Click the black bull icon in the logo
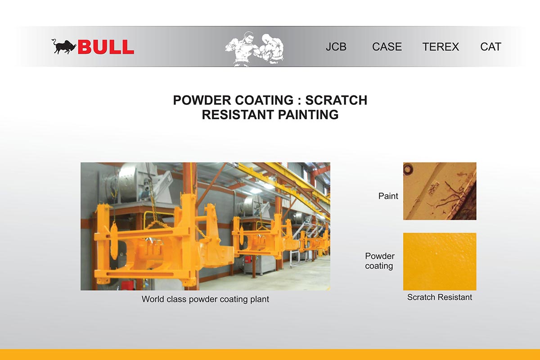pos(64,46)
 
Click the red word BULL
pos(106,47)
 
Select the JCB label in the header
pos(336,47)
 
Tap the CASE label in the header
pos(387,47)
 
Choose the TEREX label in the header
pos(441,47)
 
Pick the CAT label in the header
pos(491,47)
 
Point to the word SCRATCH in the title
pos(336,100)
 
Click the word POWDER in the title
pos(202,100)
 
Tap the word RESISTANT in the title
pos(238,115)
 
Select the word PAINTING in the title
pos(308,115)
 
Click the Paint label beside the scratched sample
pos(388,196)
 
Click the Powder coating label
pos(380,261)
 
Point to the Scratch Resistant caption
pos(440,297)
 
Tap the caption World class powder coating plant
pos(205,299)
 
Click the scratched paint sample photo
pos(440,191)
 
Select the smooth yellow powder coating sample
pos(440,261)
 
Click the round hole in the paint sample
pos(408,169)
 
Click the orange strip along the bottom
pos(270,355)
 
